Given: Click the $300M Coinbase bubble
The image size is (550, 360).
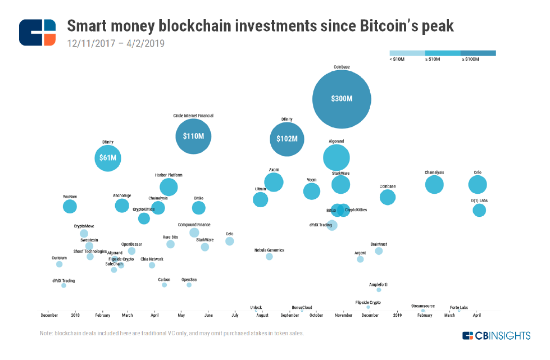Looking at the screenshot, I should pos(342,98).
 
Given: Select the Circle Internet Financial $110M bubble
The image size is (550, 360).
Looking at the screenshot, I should pos(193,136).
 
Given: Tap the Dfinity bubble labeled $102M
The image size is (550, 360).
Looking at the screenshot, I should pos(287,139).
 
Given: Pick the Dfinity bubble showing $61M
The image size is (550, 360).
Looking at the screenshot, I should pos(107,158).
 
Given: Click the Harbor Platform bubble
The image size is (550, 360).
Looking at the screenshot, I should pos(169,187).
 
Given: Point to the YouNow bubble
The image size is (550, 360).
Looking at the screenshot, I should pos(70,206).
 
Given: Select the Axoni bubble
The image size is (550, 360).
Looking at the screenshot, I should pos(274,182).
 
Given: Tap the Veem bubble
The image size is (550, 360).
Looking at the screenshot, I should pos(312,191).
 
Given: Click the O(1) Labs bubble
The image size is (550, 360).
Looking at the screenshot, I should pos(479,210).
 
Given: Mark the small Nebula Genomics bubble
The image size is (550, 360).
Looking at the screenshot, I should pos(269,257).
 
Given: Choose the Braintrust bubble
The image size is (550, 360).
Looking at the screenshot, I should pos(379,251).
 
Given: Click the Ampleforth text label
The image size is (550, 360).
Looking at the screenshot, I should pos(379,285).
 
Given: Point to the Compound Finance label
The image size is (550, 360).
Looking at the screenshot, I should pos(194,225).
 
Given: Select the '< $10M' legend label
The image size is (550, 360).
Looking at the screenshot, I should pos(397,59).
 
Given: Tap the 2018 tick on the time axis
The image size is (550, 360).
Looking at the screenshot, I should pos(75,316).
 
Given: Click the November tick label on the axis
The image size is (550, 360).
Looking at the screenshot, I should pos(343,316).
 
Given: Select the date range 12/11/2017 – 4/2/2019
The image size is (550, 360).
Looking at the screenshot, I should pos(115,43).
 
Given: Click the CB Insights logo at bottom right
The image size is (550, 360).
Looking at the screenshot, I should pos(496,336).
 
